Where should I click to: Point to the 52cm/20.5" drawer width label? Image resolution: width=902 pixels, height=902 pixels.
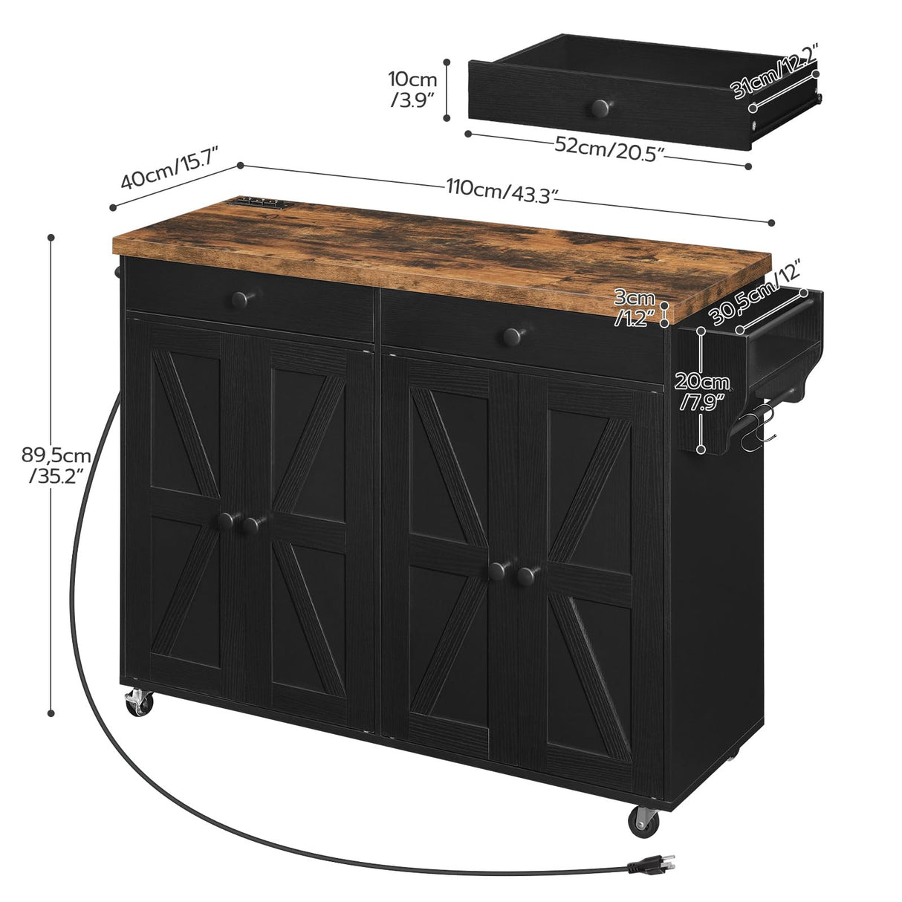click(x=609, y=148)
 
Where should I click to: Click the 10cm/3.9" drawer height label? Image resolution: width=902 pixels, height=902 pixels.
click(x=412, y=89)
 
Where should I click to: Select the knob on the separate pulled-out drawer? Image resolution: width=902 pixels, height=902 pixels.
click(x=599, y=108)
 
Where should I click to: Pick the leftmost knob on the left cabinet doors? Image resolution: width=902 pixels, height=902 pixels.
click(x=225, y=521)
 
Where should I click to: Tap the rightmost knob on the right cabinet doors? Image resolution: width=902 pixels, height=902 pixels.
click(x=528, y=574)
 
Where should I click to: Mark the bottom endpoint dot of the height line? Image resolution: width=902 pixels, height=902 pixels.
click(x=51, y=713)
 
